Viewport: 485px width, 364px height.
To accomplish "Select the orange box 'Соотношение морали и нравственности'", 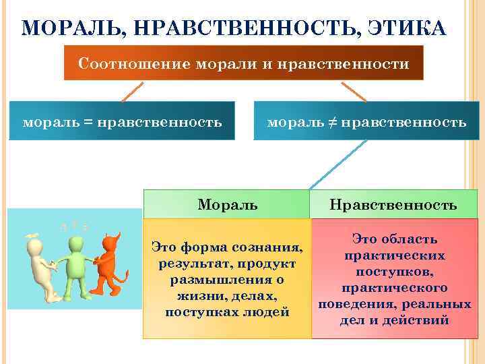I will coord(243,63).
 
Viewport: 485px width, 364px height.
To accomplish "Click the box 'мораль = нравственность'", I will coord(122,121).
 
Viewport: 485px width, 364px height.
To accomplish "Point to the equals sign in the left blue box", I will coord(88,123).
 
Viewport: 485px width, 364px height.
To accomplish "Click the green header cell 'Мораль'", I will coord(227,204).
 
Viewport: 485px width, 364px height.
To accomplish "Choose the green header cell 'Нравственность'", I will coord(394,204).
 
